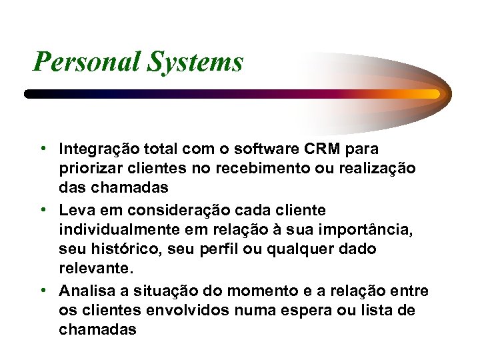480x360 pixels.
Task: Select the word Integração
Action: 99,149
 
